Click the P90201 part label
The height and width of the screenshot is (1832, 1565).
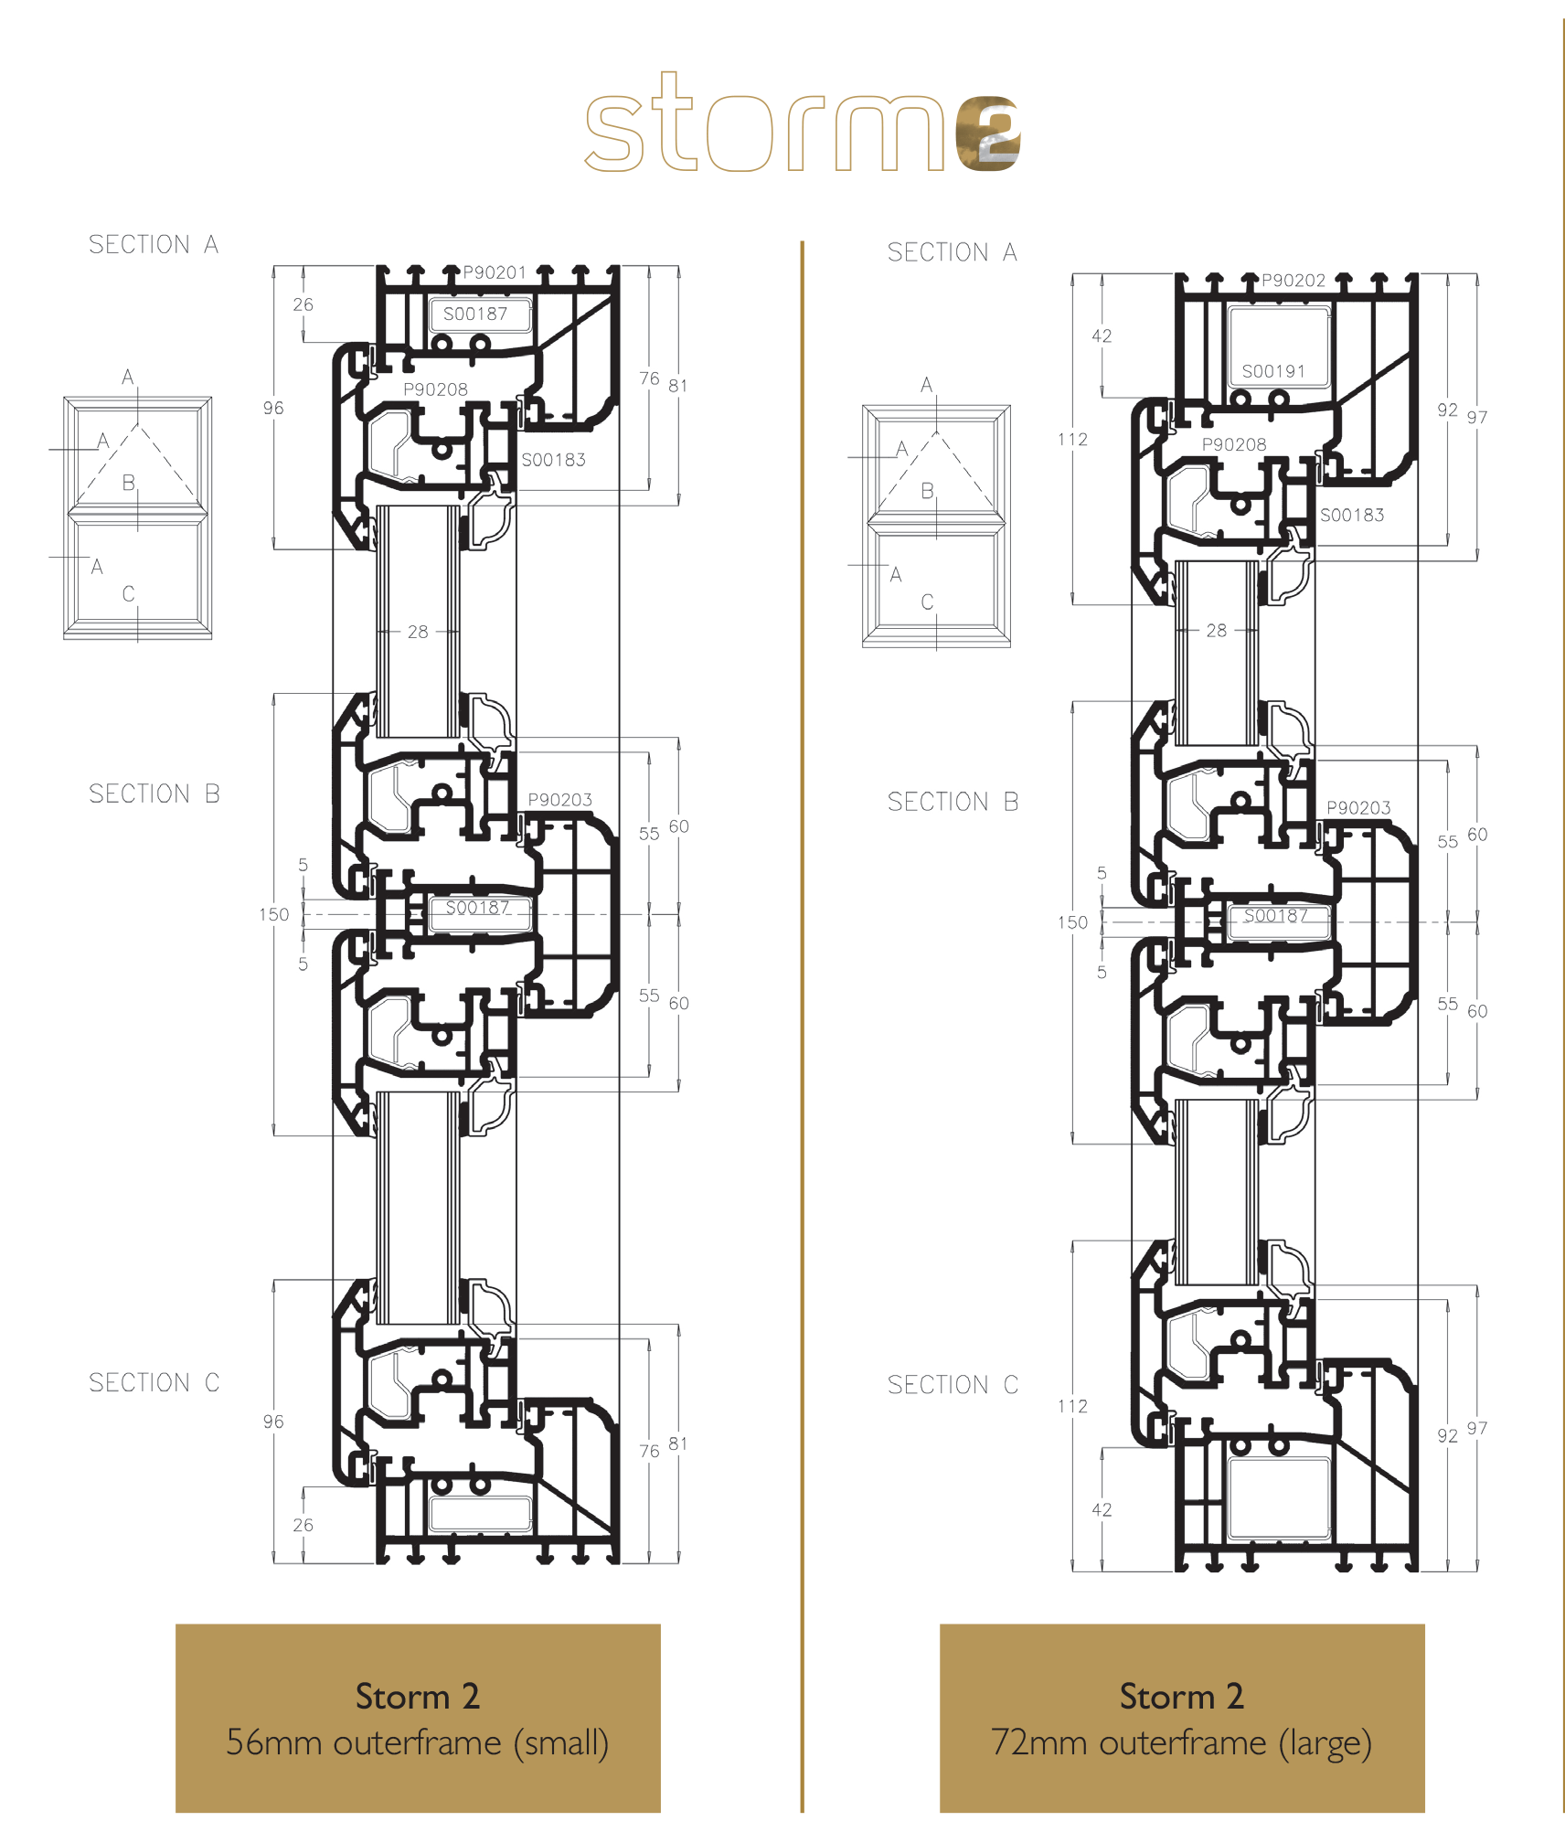coord(495,272)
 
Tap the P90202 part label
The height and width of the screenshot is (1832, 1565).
coord(1294,281)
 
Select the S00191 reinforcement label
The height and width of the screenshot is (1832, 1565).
coord(1273,371)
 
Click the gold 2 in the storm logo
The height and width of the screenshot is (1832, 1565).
coord(987,133)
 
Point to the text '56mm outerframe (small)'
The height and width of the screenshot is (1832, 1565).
coord(418,1742)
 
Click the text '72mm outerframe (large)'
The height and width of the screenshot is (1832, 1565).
coord(1181,1742)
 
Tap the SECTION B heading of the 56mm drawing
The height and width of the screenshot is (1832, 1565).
coord(154,794)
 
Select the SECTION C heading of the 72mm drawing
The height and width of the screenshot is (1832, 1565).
coord(953,1385)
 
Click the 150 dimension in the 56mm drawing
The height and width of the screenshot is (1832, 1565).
coord(273,914)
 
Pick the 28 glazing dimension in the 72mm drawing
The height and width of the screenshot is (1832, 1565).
coord(1217,631)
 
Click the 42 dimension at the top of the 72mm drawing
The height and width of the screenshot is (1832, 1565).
coord(1102,336)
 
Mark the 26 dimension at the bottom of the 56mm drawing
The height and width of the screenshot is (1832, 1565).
coord(303,1525)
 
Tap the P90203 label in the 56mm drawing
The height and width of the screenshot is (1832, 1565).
coord(560,800)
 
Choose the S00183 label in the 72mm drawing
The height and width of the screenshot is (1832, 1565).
coord(1352,516)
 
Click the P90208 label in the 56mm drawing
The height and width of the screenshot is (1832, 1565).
coord(436,389)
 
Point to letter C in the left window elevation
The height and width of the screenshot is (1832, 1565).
coord(128,594)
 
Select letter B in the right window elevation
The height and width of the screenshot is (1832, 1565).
coord(927,492)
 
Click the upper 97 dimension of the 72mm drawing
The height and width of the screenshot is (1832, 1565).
coord(1477,418)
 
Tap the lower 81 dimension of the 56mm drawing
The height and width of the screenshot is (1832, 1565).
coord(677,1443)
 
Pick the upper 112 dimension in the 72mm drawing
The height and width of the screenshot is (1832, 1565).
coord(1072,440)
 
